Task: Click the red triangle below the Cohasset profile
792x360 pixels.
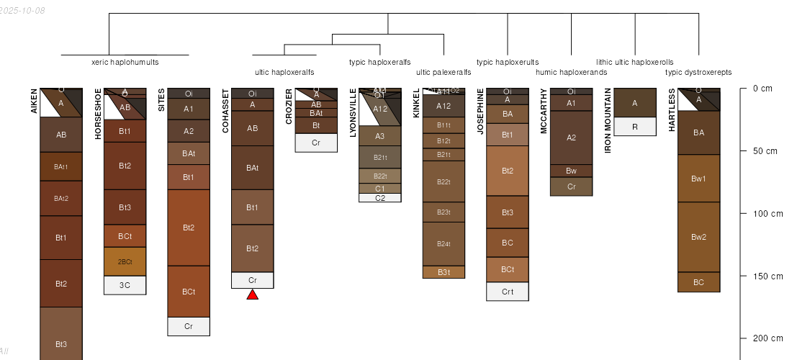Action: click(x=252, y=294)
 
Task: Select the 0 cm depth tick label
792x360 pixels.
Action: click(x=762, y=89)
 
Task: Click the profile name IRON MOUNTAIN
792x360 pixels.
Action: click(x=608, y=121)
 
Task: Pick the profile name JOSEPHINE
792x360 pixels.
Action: click(x=481, y=111)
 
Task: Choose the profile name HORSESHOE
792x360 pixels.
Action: click(x=99, y=113)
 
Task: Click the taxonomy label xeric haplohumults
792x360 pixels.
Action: click(x=125, y=62)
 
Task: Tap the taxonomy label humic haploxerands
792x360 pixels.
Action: click(x=572, y=72)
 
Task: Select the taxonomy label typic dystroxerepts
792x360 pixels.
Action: click(x=698, y=72)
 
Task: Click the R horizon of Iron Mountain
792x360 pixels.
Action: click(x=634, y=127)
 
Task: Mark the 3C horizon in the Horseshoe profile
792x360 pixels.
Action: click(x=125, y=285)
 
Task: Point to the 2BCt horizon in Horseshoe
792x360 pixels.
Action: click(x=125, y=261)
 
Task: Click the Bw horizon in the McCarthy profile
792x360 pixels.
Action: click(x=571, y=171)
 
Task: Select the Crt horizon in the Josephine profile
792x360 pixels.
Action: click(x=508, y=292)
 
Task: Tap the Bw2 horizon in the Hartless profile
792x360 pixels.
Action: click(x=698, y=237)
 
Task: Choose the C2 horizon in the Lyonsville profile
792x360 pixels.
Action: click(x=380, y=198)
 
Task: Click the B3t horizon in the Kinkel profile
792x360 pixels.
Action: click(x=444, y=272)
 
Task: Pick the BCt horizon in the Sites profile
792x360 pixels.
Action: click(x=189, y=292)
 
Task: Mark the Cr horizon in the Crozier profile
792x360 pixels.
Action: click(x=316, y=143)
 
